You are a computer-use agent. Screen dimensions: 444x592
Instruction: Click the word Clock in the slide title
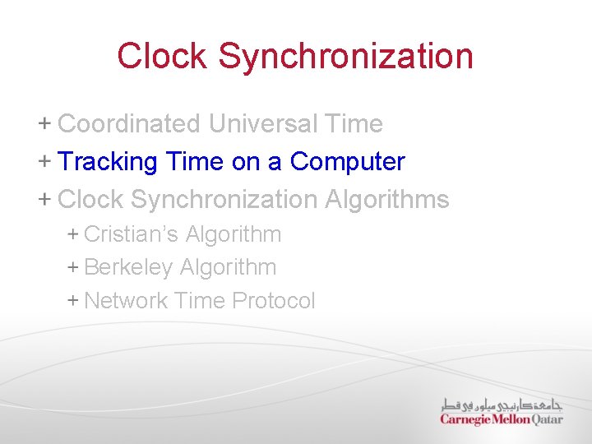tap(163, 56)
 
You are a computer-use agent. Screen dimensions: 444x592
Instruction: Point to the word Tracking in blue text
tap(108, 162)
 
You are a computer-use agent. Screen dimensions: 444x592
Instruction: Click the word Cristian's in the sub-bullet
tap(131, 234)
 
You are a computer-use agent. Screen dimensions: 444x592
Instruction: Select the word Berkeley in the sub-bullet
tap(128, 267)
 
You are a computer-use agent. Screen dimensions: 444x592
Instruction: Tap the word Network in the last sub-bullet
tap(127, 301)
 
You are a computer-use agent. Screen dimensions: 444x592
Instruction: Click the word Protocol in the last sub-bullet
tap(274, 301)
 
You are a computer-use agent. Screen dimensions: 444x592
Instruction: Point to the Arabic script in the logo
tap(501, 405)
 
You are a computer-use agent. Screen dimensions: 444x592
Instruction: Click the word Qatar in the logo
tap(544, 419)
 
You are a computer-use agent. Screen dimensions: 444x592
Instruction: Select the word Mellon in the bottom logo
tap(504, 419)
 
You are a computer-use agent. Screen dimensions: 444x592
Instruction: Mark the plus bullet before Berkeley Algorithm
tap(72, 267)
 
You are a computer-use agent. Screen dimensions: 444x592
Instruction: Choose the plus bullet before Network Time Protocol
tap(72, 301)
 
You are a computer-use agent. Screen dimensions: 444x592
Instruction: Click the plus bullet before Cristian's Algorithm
tap(72, 234)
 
